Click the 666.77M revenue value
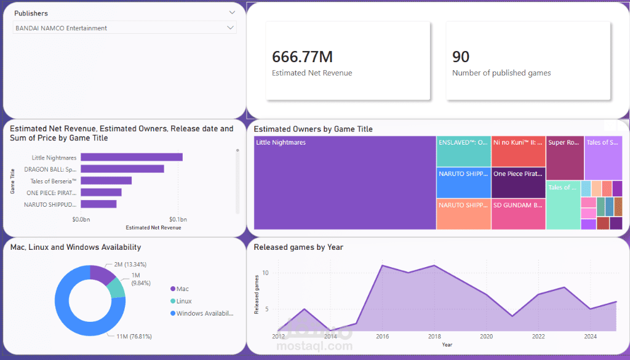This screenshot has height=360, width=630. [x=302, y=57]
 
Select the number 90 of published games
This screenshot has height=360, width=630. [x=461, y=57]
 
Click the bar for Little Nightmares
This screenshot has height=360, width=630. [x=131, y=158]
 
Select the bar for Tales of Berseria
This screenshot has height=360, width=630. [x=106, y=180]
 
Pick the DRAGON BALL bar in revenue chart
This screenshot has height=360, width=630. [x=122, y=169]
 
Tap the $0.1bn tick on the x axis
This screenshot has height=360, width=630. [x=178, y=220]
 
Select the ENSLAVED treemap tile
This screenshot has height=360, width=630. [x=463, y=151]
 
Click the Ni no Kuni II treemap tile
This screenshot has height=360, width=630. [x=518, y=151]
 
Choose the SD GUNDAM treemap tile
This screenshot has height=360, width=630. [x=518, y=214]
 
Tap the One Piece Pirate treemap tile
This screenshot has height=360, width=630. [x=518, y=183]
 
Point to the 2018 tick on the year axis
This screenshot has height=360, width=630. [x=434, y=337]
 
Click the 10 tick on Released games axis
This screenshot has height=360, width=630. [x=265, y=273]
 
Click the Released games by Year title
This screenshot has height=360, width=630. [x=298, y=247]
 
